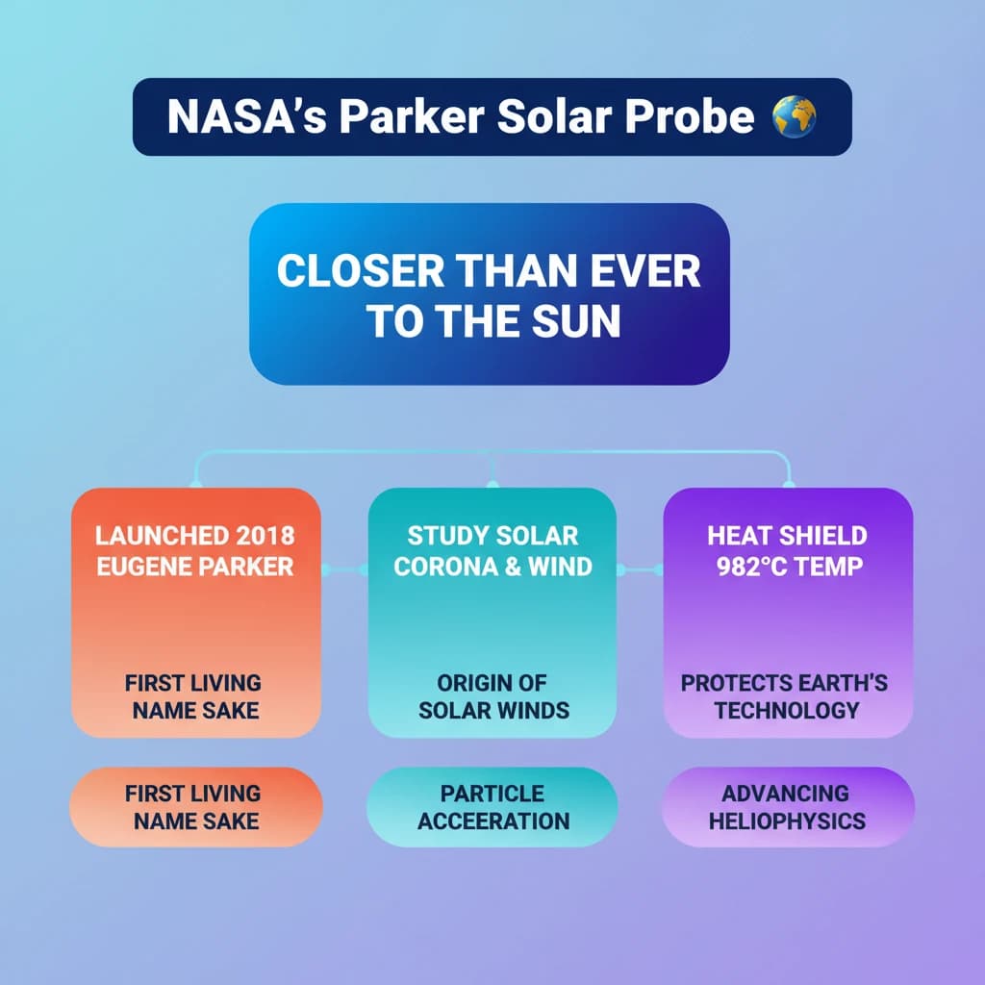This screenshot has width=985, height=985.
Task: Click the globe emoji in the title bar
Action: (794, 116)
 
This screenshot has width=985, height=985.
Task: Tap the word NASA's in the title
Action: (247, 116)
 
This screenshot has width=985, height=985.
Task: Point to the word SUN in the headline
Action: (576, 320)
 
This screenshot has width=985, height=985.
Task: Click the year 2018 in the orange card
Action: (265, 536)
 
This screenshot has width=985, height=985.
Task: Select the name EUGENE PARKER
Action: (194, 567)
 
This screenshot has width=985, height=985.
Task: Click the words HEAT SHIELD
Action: (787, 536)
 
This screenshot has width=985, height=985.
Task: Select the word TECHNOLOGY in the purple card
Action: (787, 711)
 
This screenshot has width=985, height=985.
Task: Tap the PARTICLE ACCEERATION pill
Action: (492, 807)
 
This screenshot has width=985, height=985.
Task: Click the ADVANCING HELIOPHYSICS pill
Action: (788, 807)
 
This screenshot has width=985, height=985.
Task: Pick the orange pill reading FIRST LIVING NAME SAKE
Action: (196, 807)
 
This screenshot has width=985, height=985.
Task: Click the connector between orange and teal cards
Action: (345, 569)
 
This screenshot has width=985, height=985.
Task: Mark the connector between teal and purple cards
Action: (640, 569)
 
